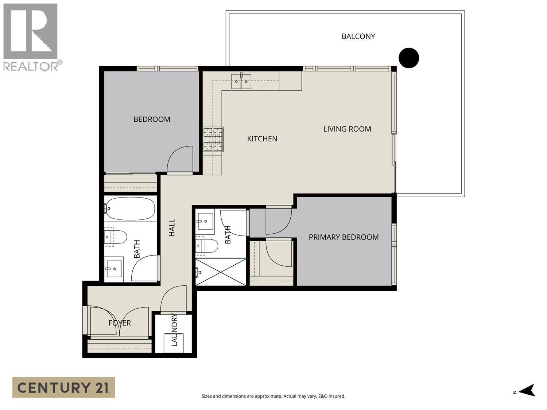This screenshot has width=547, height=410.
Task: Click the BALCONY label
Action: point(358,36)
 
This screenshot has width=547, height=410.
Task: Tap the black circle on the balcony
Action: point(408,58)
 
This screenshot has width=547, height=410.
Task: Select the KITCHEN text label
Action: point(262,139)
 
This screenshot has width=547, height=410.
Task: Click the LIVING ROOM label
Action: point(347,129)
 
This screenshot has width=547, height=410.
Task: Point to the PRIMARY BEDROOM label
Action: point(344,237)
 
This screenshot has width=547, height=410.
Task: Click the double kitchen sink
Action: point(241,81)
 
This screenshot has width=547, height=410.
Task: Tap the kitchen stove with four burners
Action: point(213,139)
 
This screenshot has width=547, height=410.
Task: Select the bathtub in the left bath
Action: point(130,209)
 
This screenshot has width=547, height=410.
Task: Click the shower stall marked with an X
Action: point(221,272)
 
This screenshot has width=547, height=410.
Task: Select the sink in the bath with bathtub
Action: point(114,269)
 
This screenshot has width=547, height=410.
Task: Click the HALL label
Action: point(172,228)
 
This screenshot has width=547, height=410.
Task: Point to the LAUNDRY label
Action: point(174,329)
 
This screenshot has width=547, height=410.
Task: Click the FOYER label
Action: point(120,323)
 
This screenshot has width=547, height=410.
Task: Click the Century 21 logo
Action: point(63,387)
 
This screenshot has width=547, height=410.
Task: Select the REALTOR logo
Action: point(31,36)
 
